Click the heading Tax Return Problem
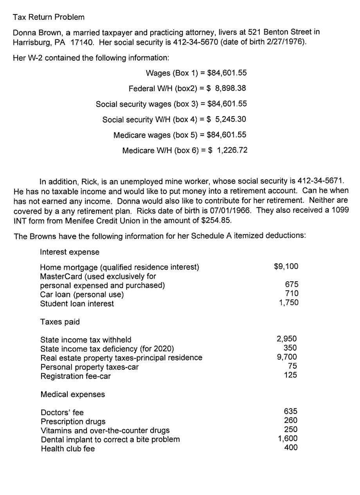[48, 18]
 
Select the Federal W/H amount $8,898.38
[227, 88]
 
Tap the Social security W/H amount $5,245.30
[227, 119]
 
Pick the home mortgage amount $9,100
[286, 266]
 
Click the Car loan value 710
[292, 293]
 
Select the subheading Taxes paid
[60, 322]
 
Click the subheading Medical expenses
[72, 394]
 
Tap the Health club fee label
[67, 449]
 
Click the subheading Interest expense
[70, 252]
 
